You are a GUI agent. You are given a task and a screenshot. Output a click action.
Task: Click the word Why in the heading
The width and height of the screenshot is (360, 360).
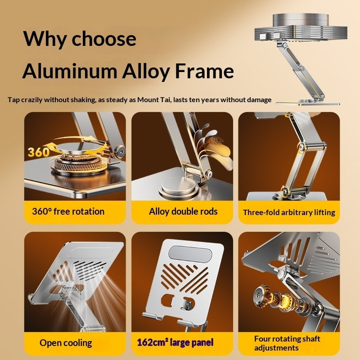[x=44, y=39]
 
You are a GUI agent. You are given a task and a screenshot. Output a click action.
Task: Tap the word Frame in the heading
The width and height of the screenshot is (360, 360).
[x=204, y=71]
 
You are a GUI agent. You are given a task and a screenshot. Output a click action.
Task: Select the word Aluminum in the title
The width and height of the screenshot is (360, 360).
[x=70, y=71]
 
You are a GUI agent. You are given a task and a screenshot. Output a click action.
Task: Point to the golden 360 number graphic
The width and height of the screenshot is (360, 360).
[x=39, y=152]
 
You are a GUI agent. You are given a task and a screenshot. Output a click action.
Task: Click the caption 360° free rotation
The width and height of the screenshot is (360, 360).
[x=68, y=211]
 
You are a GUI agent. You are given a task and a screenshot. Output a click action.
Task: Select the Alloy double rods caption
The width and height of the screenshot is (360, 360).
[x=183, y=211]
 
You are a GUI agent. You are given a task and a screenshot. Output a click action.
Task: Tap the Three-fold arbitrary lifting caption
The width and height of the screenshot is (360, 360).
[x=289, y=212]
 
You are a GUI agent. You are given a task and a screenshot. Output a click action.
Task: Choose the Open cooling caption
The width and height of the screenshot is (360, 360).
[x=66, y=343]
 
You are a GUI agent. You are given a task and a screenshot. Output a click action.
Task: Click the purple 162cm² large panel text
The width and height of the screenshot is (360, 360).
[x=175, y=342]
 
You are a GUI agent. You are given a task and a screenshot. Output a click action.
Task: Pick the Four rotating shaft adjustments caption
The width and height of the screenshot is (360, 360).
[x=287, y=343]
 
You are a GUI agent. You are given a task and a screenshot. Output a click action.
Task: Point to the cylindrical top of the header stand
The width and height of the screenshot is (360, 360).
[x=301, y=20]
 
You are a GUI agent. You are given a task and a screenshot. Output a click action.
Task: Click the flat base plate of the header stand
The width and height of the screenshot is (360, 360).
[x=308, y=103]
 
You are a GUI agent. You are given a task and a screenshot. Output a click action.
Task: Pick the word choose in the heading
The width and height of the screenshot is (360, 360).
[x=104, y=39]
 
